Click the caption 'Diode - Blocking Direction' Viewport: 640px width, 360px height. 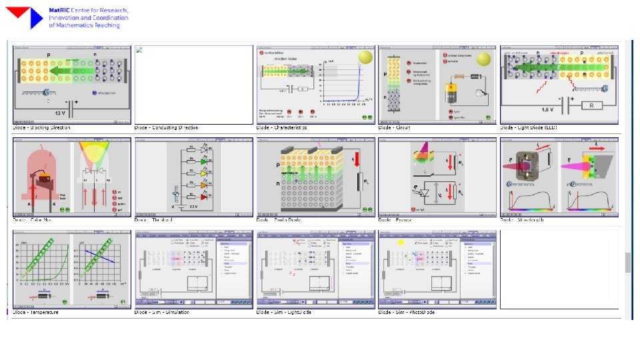coord(41,127)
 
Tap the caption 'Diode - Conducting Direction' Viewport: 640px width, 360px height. coord(166,127)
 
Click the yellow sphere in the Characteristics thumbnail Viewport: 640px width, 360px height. coord(365,57)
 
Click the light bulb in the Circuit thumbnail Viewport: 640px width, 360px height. coord(477,95)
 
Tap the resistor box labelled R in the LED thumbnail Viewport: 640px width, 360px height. coord(591,105)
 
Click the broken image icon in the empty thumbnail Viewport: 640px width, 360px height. coord(139,49)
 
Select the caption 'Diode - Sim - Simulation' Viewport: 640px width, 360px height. coord(162,311)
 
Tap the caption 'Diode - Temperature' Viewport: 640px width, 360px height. coord(36,311)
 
